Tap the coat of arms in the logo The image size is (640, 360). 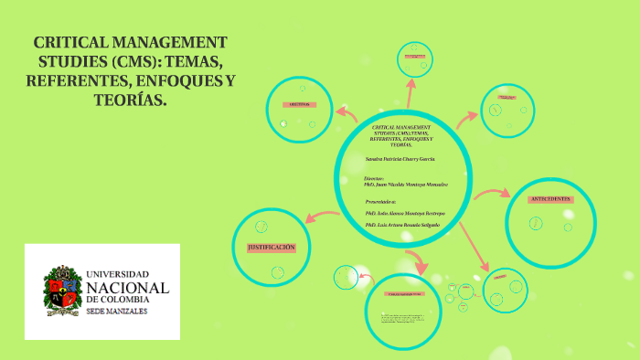point(61,291)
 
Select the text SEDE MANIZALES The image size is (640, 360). point(116,312)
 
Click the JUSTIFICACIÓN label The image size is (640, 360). point(272,248)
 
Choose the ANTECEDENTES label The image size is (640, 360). point(551,198)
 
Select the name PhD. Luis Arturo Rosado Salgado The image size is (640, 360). point(402,224)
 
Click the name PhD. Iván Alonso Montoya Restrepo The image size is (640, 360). point(403,212)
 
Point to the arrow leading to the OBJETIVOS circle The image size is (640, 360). point(346,113)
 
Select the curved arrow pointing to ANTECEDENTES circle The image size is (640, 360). point(495,193)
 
